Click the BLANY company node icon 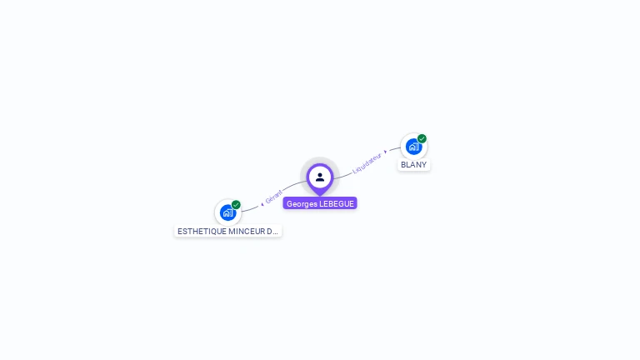[x=413, y=147]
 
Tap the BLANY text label [x=413, y=165]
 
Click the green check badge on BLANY [x=422, y=139]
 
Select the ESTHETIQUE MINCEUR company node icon [x=227, y=212]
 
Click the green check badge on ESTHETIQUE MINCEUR [x=236, y=205]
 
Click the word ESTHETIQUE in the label [x=202, y=231]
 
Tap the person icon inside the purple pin [x=320, y=177]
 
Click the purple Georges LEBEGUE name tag [x=320, y=203]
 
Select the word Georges [x=302, y=203]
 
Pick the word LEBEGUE [x=337, y=203]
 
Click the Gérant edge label [x=274, y=197]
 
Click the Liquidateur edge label [x=367, y=162]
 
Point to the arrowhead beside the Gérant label [x=262, y=203]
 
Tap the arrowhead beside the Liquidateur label [x=385, y=152]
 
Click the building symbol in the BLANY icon [x=413, y=147]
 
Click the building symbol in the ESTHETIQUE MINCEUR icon [x=227, y=213]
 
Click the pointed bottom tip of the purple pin [x=320, y=195]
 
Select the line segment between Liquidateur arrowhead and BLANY [x=393, y=150]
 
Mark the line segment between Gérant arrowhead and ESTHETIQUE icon [x=251, y=207]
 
